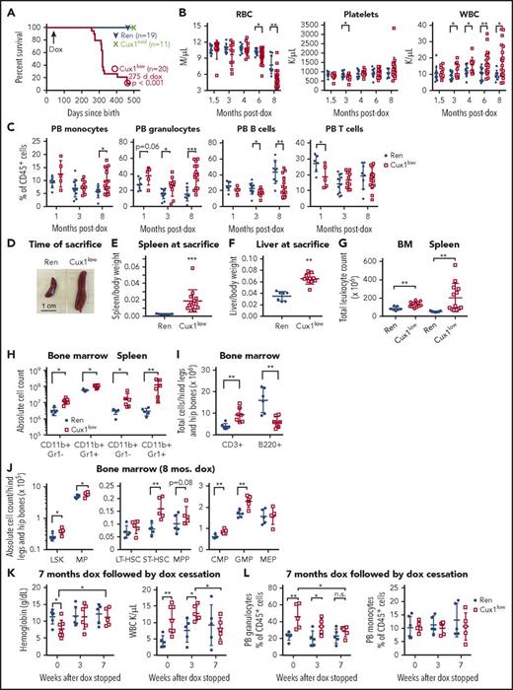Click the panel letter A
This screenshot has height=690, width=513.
point(9,9)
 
